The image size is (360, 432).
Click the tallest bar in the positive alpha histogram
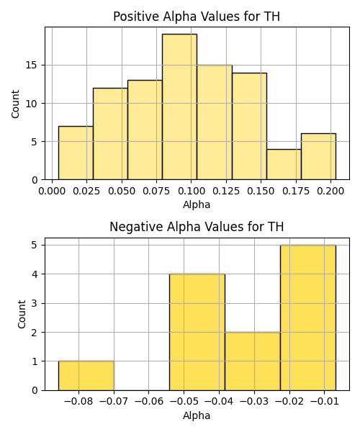179,107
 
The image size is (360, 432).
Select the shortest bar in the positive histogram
284,164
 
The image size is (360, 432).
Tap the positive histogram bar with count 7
76,153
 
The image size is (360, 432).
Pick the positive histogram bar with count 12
110,134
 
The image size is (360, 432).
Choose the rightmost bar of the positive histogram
318,156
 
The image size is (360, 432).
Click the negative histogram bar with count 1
86,376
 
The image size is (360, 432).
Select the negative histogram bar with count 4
197,332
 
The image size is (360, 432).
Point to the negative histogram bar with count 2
253,361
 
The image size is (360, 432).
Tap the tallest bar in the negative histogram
308,318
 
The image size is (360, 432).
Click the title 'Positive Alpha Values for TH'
197,17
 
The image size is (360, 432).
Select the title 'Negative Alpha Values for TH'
197,227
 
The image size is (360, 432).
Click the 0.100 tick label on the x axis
192,191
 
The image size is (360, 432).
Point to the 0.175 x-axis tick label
296,191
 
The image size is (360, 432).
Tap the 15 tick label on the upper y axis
32,66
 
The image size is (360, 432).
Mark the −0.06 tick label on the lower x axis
149,402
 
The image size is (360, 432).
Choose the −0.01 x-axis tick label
325,402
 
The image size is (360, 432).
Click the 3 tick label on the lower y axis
35,303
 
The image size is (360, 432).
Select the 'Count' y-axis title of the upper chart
15,104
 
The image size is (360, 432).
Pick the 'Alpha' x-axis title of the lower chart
197,415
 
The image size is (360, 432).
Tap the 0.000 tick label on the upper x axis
52,191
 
